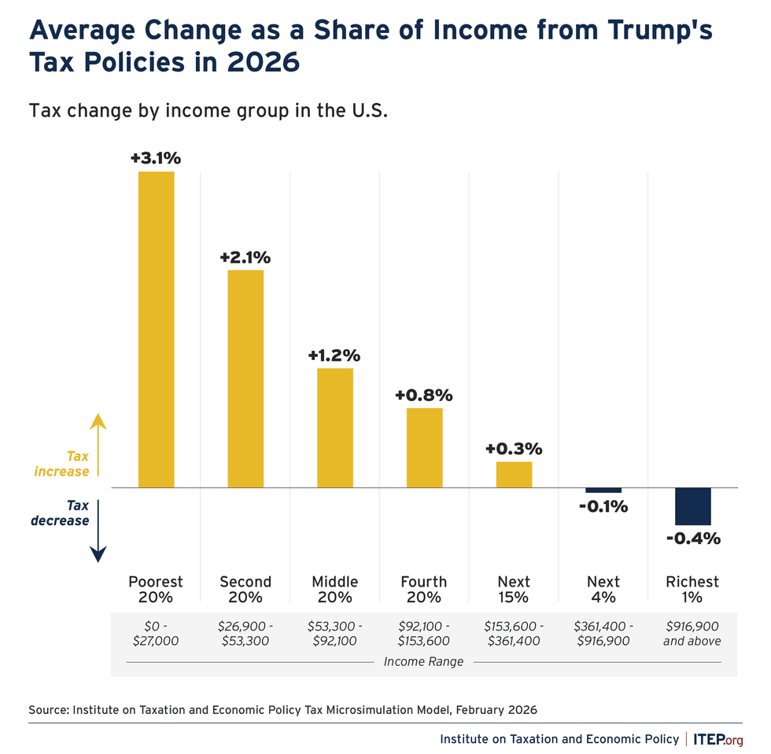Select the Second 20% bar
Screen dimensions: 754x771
tap(245, 378)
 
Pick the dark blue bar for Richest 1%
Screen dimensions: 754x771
tap(693, 506)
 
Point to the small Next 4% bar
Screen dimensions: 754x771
tap(603, 490)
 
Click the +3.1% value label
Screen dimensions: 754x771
tap(156, 158)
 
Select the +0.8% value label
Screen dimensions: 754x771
tap(424, 395)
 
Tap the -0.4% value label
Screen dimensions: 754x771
tap(693, 539)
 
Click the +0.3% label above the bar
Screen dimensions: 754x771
tap(514, 449)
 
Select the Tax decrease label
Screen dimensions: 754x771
tap(60, 513)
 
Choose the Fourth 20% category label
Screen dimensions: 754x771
tap(424, 589)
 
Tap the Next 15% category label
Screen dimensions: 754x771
tap(514, 589)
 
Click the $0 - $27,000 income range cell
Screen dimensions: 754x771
tap(156, 633)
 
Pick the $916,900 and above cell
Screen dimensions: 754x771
tap(693, 633)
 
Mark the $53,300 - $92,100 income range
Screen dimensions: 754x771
tap(335, 633)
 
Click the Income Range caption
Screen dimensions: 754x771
tap(423, 661)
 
